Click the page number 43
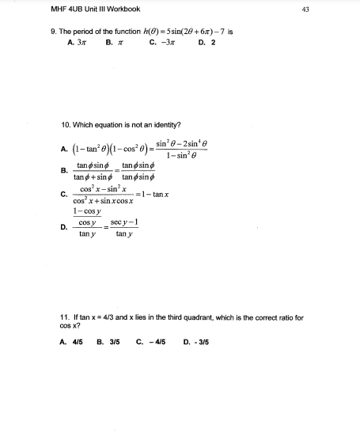[x=350, y=9]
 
